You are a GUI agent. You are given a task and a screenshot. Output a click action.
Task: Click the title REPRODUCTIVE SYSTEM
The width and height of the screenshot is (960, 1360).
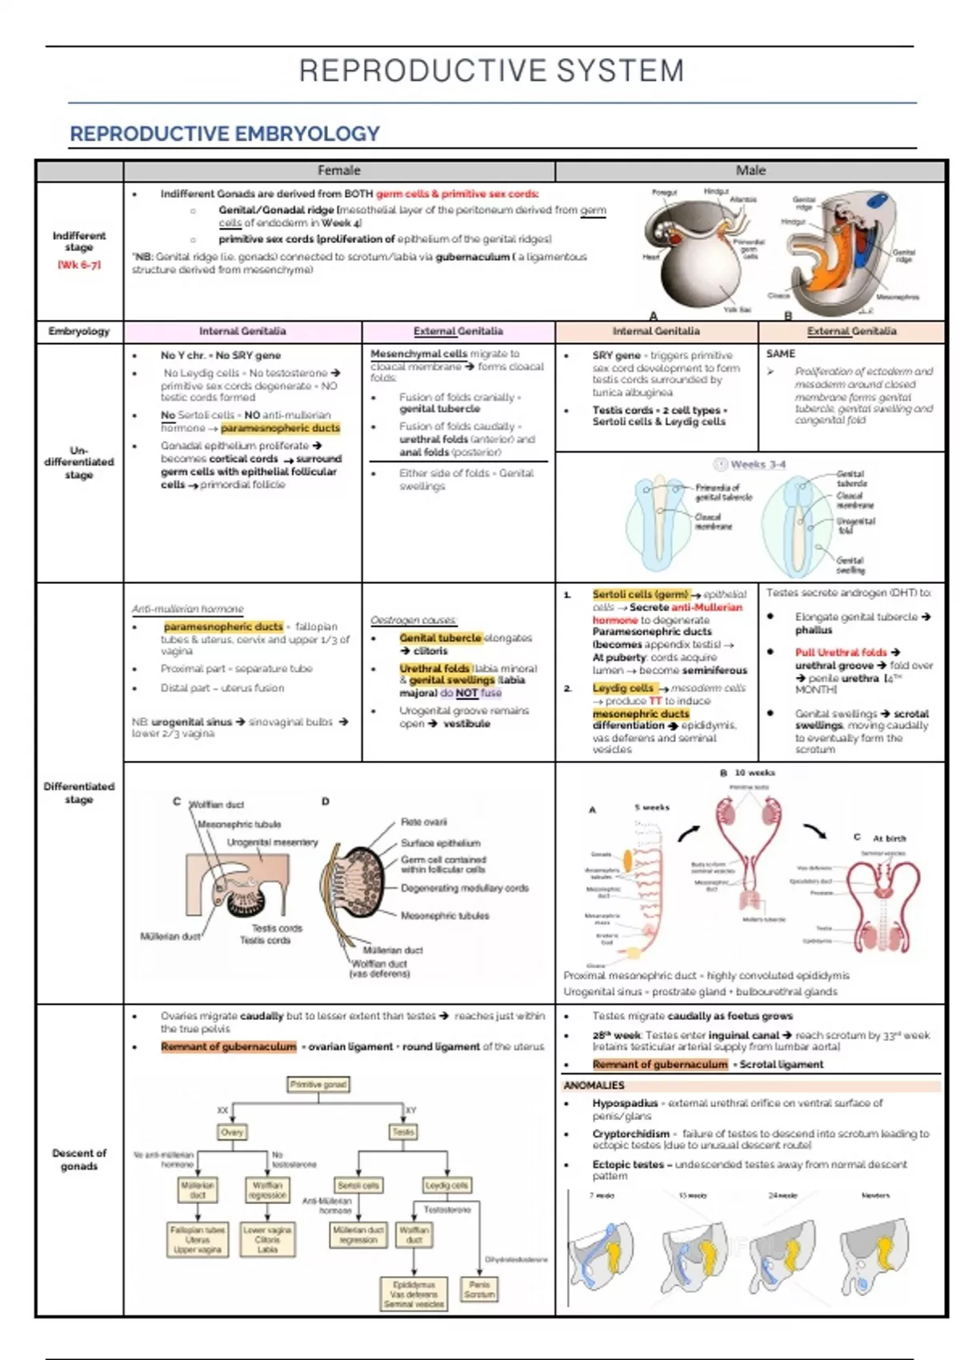click(x=491, y=71)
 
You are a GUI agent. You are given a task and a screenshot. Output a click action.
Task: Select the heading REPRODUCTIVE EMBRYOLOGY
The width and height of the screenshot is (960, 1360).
click(x=225, y=134)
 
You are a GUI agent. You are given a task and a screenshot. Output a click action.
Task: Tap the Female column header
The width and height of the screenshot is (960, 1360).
click(x=339, y=170)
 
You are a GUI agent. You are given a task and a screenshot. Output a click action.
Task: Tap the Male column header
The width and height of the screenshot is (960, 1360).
click(x=750, y=170)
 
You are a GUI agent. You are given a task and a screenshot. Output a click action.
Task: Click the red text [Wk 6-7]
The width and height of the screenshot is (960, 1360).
click(x=79, y=265)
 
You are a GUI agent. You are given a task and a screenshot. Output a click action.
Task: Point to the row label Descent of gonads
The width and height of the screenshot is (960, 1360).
click(x=79, y=1159)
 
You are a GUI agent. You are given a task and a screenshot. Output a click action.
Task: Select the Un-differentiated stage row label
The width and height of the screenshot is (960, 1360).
click(x=79, y=462)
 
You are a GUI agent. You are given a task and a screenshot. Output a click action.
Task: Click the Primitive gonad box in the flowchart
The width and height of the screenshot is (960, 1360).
click(x=318, y=1085)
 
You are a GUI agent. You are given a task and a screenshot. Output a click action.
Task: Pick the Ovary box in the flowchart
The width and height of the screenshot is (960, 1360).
click(x=232, y=1132)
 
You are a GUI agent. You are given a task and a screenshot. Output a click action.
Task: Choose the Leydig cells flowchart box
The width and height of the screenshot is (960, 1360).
click(x=447, y=1185)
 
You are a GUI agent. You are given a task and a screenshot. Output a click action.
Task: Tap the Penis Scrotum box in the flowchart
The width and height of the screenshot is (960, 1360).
click(x=479, y=1289)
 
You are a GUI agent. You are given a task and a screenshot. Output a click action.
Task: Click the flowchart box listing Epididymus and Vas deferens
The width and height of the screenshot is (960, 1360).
click(x=414, y=1294)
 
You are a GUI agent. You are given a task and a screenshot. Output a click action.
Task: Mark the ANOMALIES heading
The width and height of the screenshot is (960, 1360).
click(x=594, y=1086)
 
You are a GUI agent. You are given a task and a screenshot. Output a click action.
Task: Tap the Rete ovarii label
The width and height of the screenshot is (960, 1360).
click(x=424, y=822)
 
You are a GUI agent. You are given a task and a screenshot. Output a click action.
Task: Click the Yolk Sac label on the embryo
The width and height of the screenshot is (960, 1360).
click(x=737, y=310)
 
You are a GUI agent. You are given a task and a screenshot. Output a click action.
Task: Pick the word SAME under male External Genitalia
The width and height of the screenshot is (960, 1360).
click(x=780, y=354)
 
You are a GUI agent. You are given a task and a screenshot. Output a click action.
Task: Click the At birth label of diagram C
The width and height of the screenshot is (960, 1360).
click(x=889, y=838)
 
